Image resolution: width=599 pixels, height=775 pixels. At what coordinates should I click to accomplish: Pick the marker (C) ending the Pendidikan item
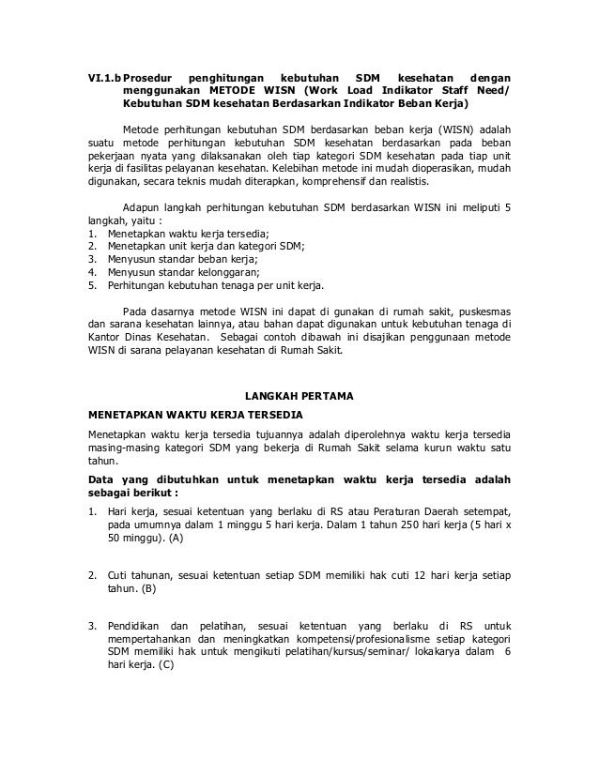point(166,664)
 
